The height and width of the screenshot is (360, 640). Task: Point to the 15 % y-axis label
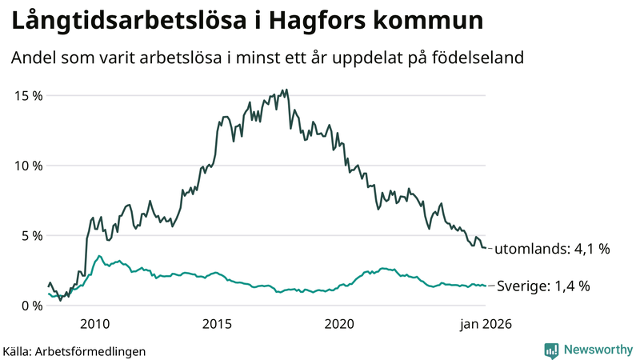[29, 95]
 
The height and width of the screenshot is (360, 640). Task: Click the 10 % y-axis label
[29, 166]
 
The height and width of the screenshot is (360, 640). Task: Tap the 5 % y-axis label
[32, 236]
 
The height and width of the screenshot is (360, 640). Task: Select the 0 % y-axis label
[32, 306]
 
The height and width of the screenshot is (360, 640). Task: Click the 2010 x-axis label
[94, 324]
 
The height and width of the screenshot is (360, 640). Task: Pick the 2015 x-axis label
[217, 324]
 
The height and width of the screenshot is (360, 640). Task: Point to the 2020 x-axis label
[339, 324]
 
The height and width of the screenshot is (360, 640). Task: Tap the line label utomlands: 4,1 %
[551, 249]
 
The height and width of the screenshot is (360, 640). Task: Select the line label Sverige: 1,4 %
[544, 286]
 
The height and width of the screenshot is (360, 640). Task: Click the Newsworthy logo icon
[551, 350]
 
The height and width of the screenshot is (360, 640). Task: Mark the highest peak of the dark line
[286, 90]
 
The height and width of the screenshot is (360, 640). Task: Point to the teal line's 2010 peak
[99, 256]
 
